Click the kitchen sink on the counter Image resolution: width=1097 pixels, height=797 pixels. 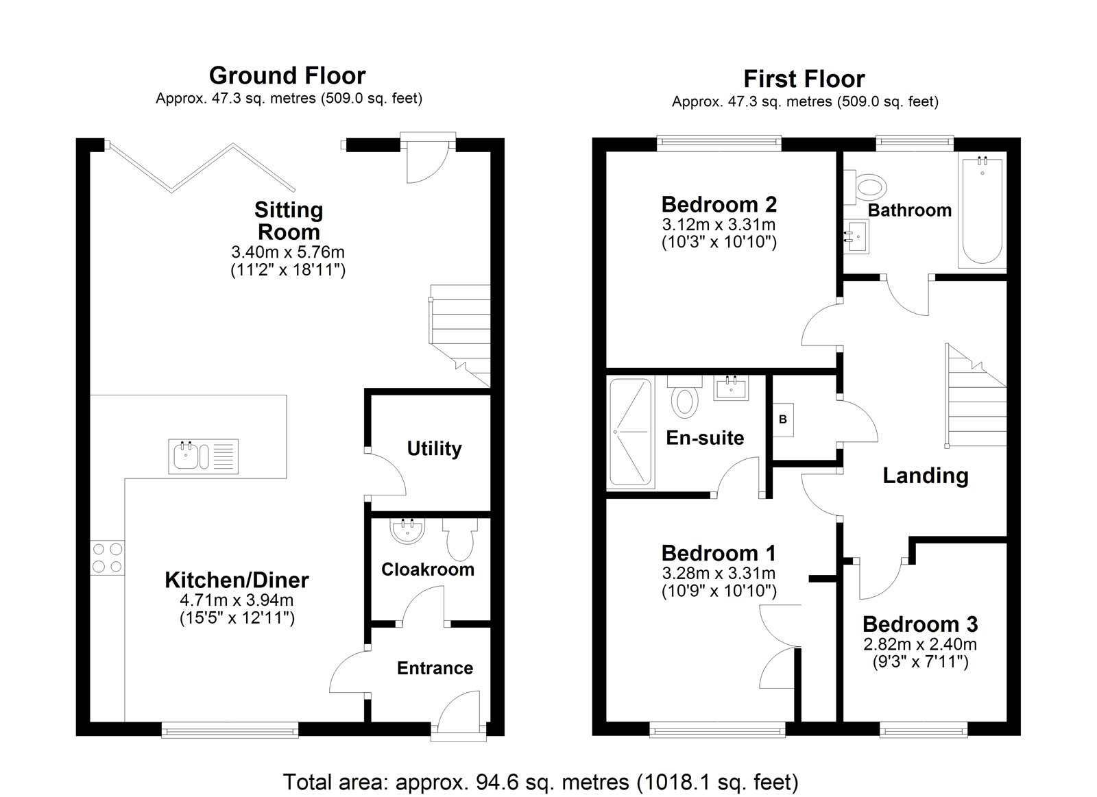pyautogui.click(x=203, y=456)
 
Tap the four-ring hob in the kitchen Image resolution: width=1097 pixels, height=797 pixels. pyautogui.click(x=107, y=558)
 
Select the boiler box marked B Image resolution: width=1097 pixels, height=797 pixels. pyautogui.click(x=782, y=419)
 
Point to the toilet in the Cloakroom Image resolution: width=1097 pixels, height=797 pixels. pyautogui.click(x=460, y=539)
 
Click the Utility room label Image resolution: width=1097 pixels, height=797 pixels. pyautogui.click(x=435, y=448)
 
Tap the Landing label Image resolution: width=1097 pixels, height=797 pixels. pyautogui.click(x=926, y=476)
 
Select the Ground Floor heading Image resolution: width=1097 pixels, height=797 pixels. pyautogui.click(x=287, y=76)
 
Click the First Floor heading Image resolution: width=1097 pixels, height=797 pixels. pyautogui.click(x=804, y=79)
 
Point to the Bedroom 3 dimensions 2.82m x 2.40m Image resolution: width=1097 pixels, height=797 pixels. pyautogui.click(x=920, y=644)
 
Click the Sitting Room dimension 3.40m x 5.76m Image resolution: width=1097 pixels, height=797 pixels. pyautogui.click(x=288, y=252)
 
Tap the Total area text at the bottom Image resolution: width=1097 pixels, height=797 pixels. pyautogui.click(x=541, y=782)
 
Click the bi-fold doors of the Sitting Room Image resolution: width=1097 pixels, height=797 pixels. pyautogui.click(x=202, y=167)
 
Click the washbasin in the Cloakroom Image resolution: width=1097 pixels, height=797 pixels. pyautogui.click(x=407, y=530)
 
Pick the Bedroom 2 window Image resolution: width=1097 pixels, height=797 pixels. pyautogui.click(x=719, y=143)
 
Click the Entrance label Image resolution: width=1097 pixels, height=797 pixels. pyautogui.click(x=435, y=668)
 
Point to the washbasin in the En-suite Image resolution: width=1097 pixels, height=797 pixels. pyautogui.click(x=731, y=388)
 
